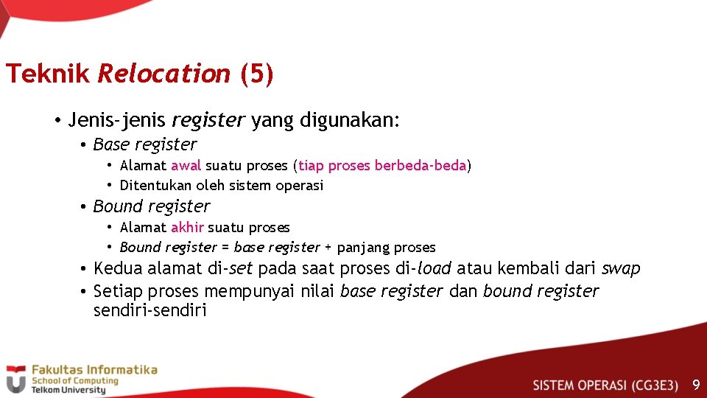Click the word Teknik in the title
click(x=47, y=74)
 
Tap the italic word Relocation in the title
click(x=163, y=74)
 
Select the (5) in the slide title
click(x=257, y=74)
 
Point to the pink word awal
click(x=186, y=165)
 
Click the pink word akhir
click(x=187, y=228)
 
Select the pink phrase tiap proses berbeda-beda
click(x=382, y=165)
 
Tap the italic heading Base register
click(x=145, y=144)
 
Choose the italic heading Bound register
click(x=152, y=206)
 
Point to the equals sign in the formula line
click(x=225, y=248)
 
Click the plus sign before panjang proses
click(x=328, y=248)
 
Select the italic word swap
click(x=621, y=268)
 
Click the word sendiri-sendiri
click(x=150, y=310)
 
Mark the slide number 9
click(x=695, y=385)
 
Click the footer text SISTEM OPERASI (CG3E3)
click(x=605, y=385)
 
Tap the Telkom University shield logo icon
click(x=15, y=378)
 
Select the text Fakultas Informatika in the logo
click(x=93, y=369)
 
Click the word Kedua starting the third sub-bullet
click(x=118, y=268)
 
